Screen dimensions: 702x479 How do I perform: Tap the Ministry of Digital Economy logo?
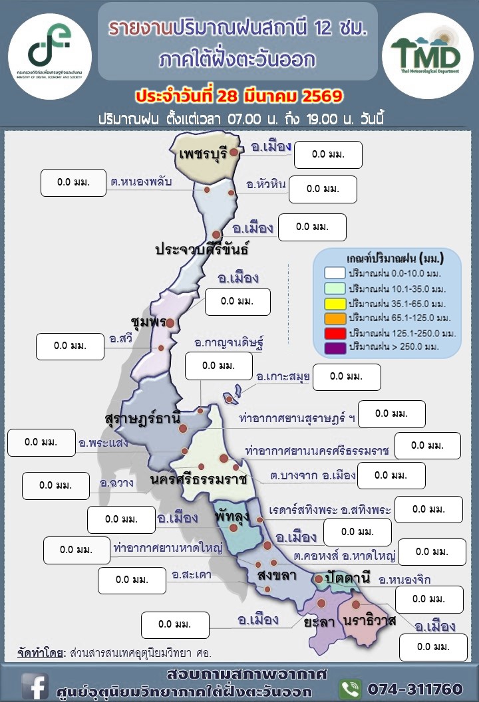pos(51,48)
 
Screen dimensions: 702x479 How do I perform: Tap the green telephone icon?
pos(350,687)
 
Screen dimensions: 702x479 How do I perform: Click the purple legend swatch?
pos(335,346)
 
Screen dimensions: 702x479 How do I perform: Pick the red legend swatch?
pos(335,332)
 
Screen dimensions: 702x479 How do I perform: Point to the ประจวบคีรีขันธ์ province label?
pos(202,250)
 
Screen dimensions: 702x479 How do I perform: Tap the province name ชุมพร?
pos(148,322)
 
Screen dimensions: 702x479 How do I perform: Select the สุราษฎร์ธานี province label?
pos(142,419)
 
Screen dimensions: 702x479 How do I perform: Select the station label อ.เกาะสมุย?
pos(283,378)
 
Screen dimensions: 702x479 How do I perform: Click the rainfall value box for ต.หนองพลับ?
pos(74,183)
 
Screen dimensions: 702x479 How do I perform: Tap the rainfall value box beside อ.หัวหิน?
pos(323,189)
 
